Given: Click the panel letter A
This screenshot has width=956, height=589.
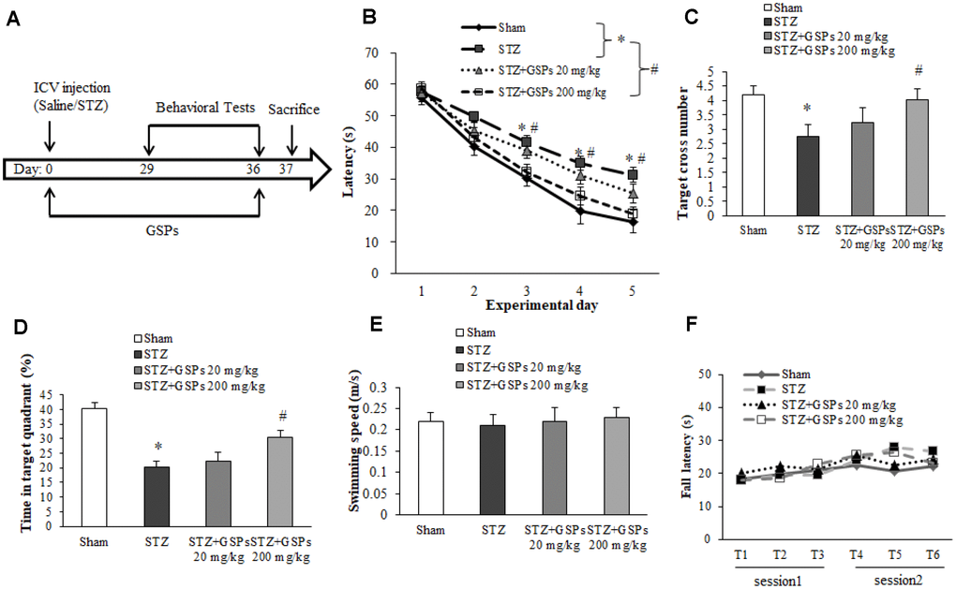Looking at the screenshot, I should tap(12, 20).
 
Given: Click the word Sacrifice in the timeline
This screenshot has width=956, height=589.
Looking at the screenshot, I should tap(293, 110).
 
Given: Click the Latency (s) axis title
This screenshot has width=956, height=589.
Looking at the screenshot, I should tap(347, 163).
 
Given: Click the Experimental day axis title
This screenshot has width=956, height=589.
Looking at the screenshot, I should tap(530, 305).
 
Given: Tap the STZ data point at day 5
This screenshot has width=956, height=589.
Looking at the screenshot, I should tap(634, 175).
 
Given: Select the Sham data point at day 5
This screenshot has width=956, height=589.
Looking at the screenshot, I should tap(634, 222).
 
